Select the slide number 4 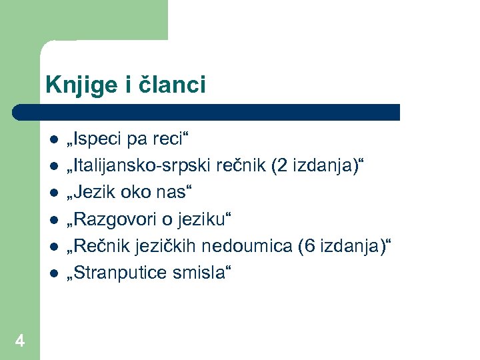click(x=20, y=341)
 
